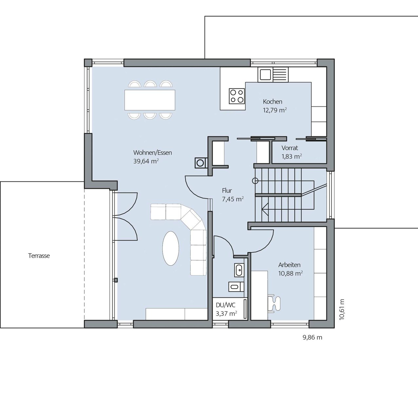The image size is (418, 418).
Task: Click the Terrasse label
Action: [x=39, y=256]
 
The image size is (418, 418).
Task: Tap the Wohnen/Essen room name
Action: [x=153, y=153]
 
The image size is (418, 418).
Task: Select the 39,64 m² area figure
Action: [x=146, y=161]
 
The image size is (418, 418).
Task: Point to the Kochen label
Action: [x=273, y=102]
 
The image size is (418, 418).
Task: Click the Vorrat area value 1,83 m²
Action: [x=292, y=156]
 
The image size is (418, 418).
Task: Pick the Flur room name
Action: [x=227, y=191]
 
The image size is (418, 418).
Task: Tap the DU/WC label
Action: [x=226, y=305]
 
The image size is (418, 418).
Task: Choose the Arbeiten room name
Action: [x=289, y=265]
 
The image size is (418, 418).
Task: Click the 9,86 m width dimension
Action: [x=313, y=337]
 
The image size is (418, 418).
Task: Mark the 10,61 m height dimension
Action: [x=342, y=309]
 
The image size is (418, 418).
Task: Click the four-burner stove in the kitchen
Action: [x=237, y=96]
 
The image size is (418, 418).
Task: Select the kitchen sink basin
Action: [x=265, y=75]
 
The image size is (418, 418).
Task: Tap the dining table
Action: [x=150, y=100]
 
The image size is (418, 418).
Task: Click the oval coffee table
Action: [x=171, y=248]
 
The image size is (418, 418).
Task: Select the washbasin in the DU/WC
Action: [x=239, y=270]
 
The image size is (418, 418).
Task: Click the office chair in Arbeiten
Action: [x=274, y=303]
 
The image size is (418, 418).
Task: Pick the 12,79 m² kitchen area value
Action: [x=275, y=110]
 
